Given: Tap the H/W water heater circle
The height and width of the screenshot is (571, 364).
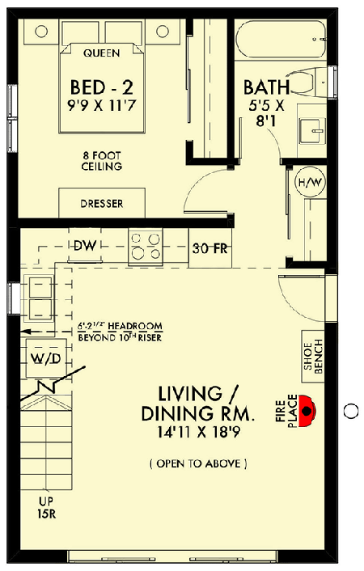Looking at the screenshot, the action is (x=311, y=182).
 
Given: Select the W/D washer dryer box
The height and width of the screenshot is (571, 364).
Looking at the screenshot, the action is (x=46, y=358).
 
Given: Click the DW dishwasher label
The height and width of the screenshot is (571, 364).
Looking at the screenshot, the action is (x=85, y=245).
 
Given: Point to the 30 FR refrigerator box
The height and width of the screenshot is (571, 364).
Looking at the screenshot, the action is (x=210, y=248).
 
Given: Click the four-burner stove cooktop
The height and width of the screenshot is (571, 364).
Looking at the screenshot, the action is (x=146, y=247).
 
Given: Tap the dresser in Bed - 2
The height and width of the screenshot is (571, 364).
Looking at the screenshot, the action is (x=102, y=203).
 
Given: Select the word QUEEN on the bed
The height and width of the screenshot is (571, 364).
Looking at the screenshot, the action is (x=102, y=53).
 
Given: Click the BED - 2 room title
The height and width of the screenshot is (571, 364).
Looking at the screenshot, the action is (x=102, y=87).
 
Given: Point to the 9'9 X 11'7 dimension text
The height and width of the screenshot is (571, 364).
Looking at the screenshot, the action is (x=102, y=106).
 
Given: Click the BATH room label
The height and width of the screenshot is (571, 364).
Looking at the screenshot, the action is (x=266, y=87).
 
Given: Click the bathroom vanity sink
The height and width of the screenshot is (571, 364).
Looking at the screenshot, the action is (x=312, y=131).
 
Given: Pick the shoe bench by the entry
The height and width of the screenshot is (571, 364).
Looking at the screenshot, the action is (x=313, y=357).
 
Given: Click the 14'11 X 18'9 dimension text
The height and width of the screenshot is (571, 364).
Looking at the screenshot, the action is (x=198, y=432).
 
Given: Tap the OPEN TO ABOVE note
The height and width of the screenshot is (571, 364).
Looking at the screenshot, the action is (x=198, y=463).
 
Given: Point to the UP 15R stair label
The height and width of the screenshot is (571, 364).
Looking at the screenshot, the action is (x=46, y=508).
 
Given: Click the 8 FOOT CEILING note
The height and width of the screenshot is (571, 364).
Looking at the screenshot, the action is (x=102, y=161).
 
